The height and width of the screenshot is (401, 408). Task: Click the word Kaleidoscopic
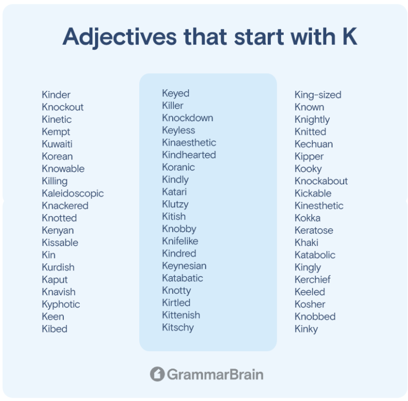(x=73, y=194)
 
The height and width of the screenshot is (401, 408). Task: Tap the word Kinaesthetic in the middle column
(x=189, y=142)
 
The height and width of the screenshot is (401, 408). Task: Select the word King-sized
(x=318, y=95)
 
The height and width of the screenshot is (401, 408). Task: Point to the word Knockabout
(x=321, y=181)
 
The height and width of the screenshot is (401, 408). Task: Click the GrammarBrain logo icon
(x=157, y=374)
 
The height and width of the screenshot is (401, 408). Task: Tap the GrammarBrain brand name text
(x=215, y=374)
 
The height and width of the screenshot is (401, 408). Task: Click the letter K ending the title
(x=350, y=37)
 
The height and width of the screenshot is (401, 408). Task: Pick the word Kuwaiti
(x=57, y=144)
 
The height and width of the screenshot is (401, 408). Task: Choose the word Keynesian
(x=184, y=266)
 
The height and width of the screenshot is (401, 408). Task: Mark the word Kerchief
(x=312, y=280)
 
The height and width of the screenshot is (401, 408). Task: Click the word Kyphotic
(x=61, y=305)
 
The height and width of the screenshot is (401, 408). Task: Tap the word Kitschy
(x=178, y=328)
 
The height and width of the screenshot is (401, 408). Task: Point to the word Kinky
(x=306, y=329)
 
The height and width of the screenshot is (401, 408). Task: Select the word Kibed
(x=55, y=329)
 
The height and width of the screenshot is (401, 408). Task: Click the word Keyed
(x=176, y=93)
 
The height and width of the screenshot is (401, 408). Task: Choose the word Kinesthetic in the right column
(x=319, y=206)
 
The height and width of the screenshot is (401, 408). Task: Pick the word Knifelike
(x=180, y=241)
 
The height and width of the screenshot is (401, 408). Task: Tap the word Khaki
(x=307, y=243)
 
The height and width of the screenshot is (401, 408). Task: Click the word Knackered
(x=65, y=206)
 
